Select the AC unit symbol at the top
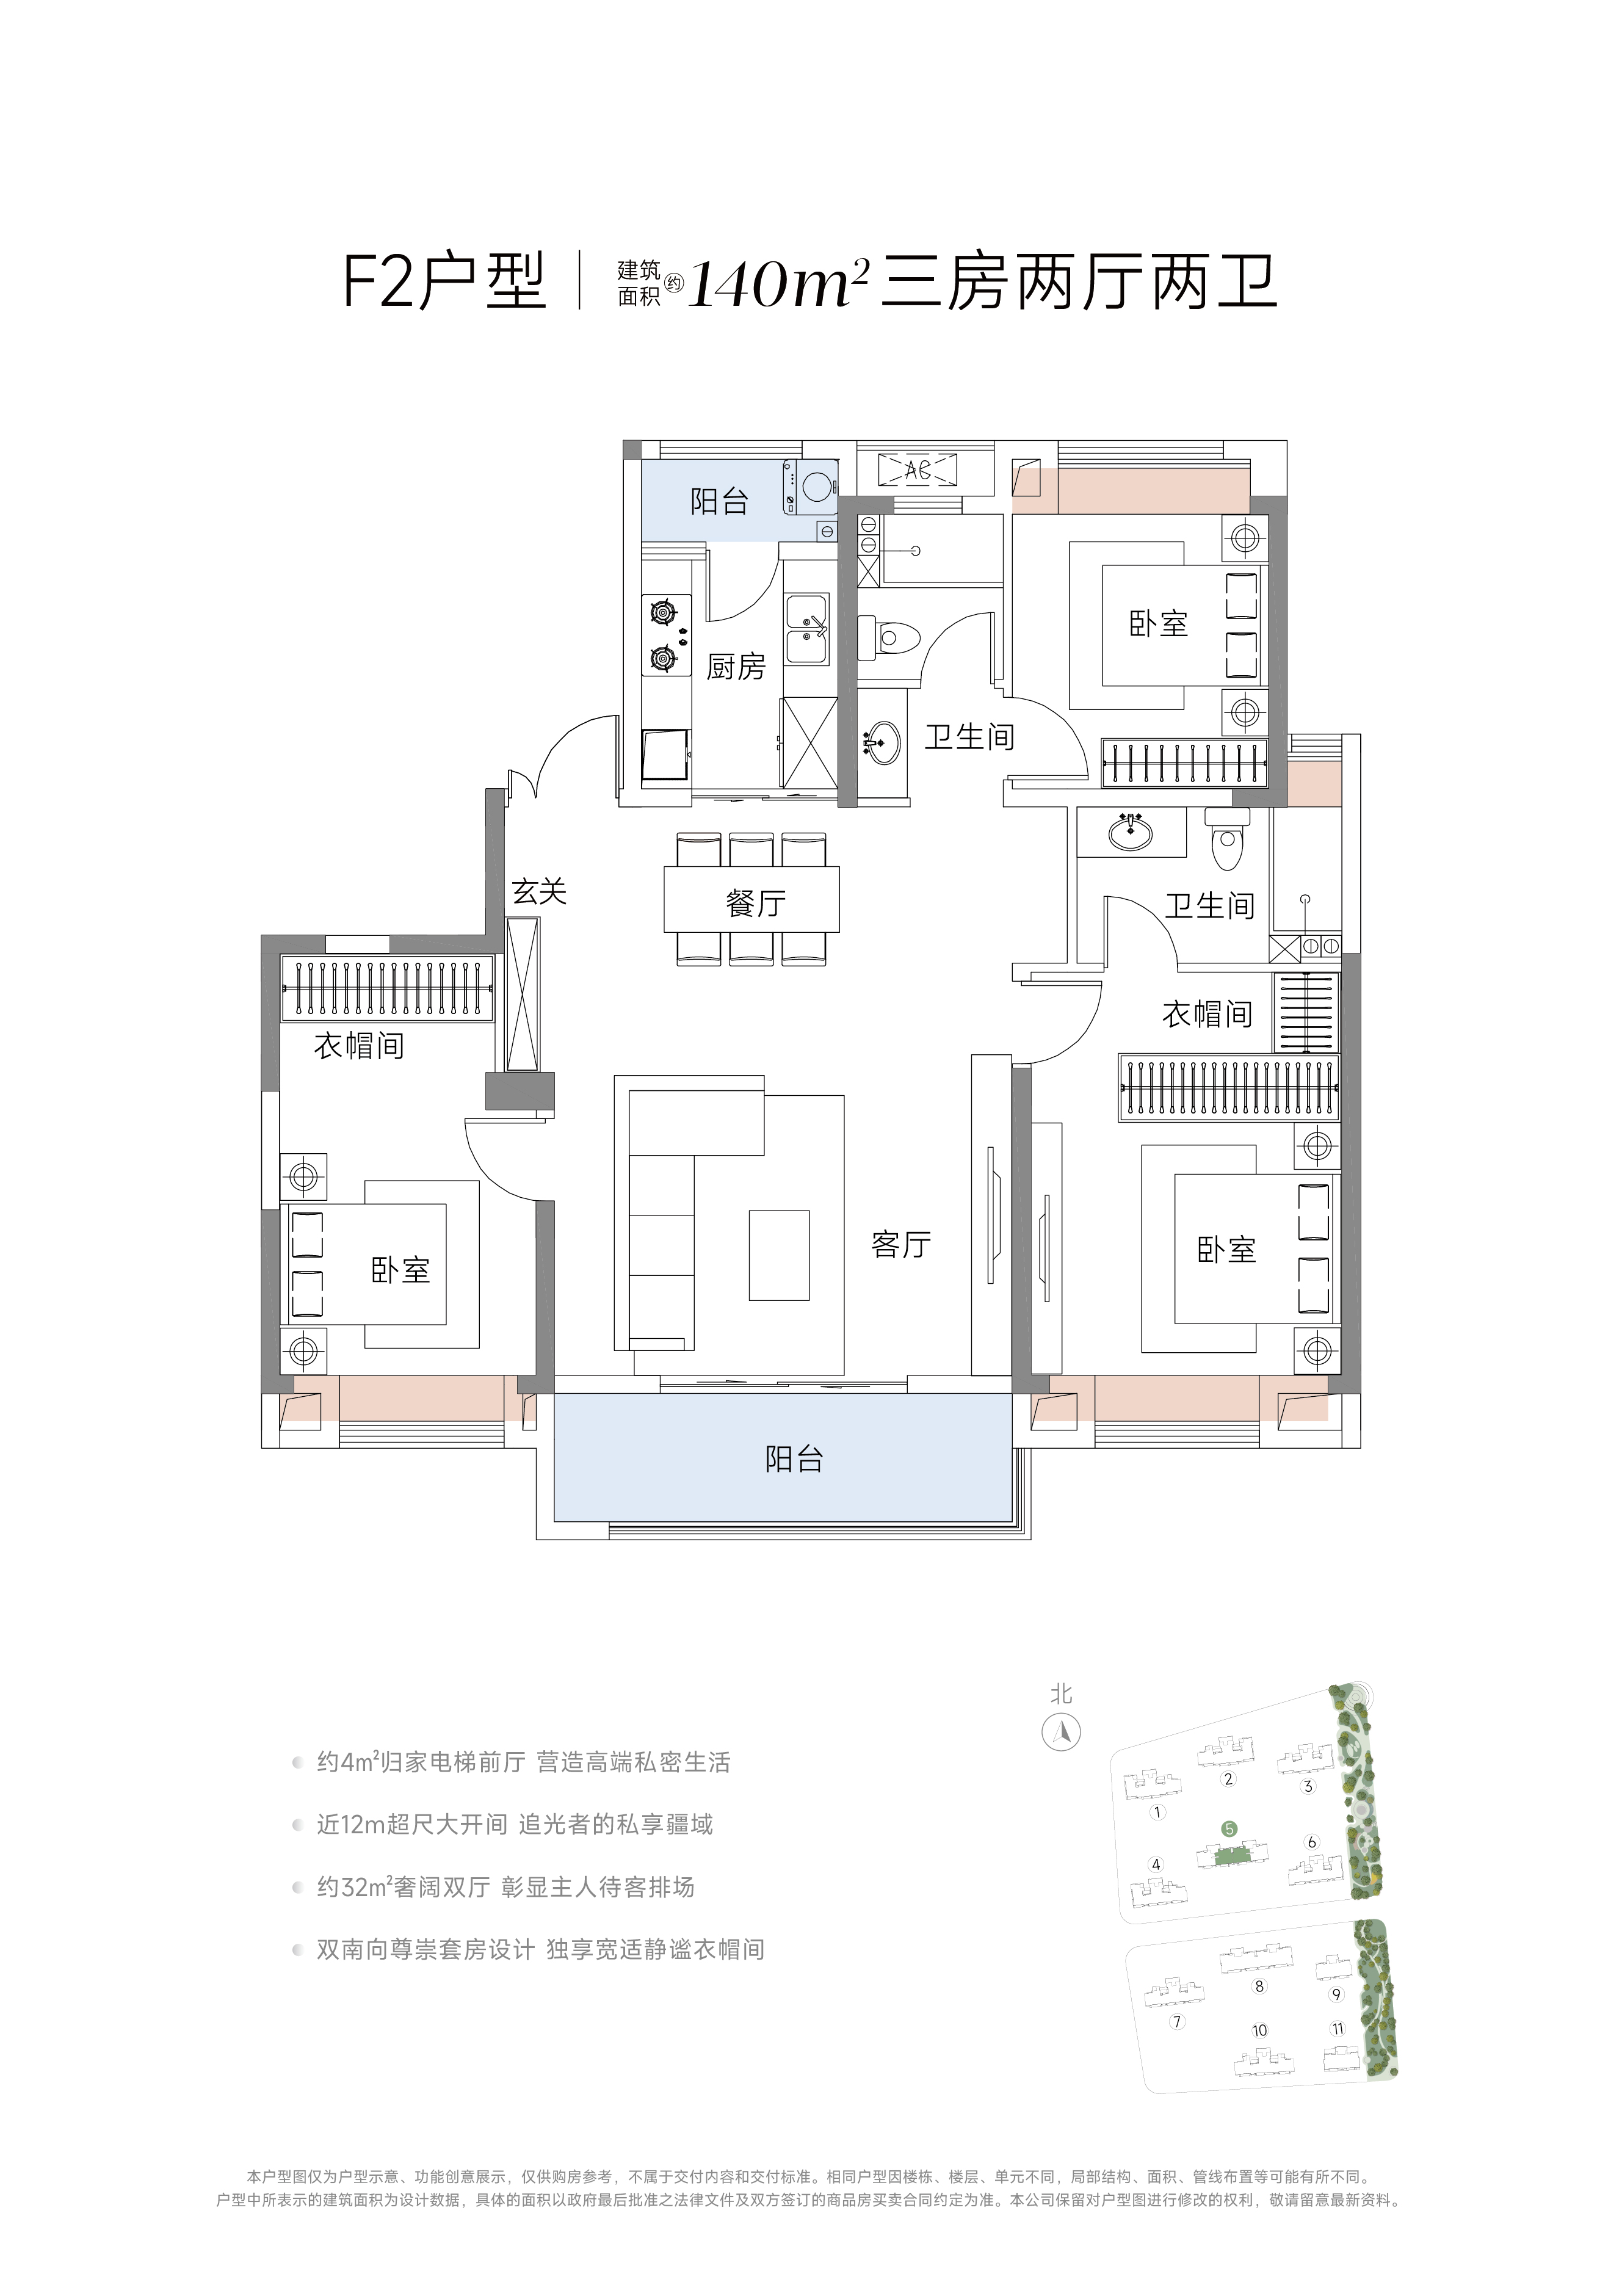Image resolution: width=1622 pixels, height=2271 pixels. tap(917, 469)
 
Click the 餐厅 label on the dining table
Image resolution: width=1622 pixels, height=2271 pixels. tap(756, 903)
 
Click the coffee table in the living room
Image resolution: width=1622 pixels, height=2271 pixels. tap(779, 1255)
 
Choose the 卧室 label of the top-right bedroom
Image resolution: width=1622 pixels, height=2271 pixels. tap(1159, 624)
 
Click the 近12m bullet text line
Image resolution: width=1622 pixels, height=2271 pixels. tap(515, 1825)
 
